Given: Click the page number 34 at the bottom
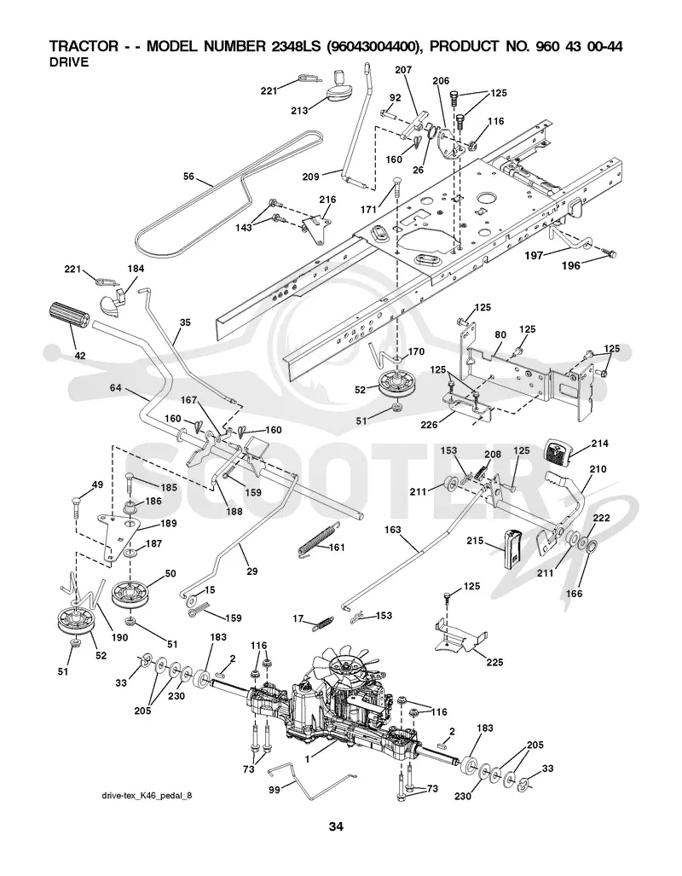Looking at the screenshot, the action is [336, 827].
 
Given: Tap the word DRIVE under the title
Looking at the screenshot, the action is [69, 62].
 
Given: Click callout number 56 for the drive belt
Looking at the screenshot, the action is [188, 176].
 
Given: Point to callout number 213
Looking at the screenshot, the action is [299, 110].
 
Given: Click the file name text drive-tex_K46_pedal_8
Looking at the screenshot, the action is [146, 794].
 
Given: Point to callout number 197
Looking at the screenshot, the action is [534, 255].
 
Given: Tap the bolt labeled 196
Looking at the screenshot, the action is [609, 253].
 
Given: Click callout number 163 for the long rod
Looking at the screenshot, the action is [393, 529].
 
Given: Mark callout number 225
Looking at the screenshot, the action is [494, 662].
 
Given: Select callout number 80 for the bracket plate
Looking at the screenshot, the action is [500, 335].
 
